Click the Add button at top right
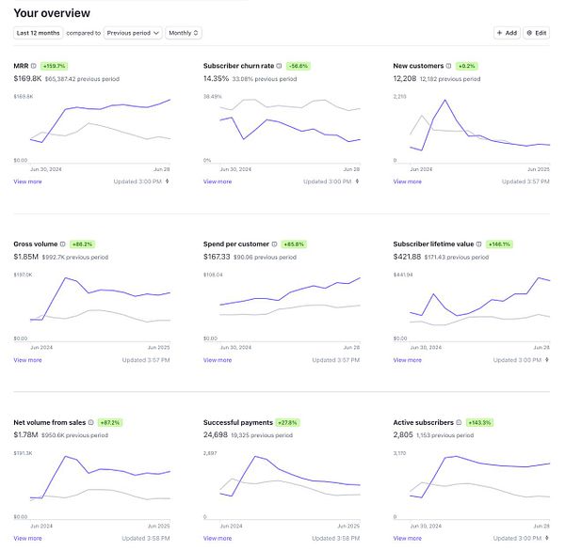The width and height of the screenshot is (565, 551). pos(507,33)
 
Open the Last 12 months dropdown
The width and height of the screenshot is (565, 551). pos(38,33)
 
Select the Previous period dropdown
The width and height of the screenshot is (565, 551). pos(133,33)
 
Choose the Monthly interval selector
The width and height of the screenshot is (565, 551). pos(184,33)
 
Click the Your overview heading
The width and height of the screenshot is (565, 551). pos(52,12)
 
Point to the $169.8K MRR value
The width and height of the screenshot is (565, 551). pos(27,78)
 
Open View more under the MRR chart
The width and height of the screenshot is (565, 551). pos(27,181)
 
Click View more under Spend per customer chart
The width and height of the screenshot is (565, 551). pos(218,360)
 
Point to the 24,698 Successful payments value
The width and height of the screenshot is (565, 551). pos(218,434)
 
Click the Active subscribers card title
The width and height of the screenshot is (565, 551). pos(423,422)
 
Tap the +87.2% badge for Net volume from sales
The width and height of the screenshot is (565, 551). pos(110,422)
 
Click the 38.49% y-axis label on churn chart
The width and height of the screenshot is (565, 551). pos(213,96)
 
